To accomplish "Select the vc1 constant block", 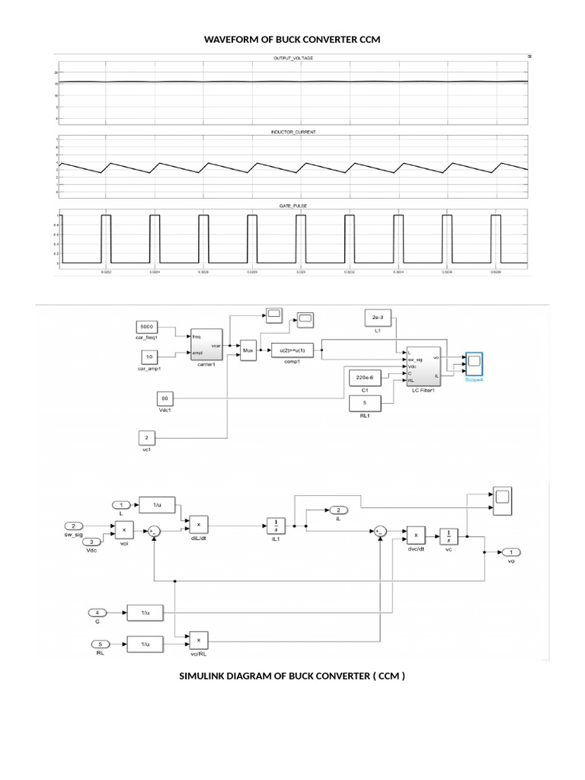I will [148, 439].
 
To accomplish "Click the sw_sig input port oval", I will [73, 526].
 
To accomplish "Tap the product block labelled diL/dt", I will [198, 523].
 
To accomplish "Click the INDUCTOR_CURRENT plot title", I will [292, 132].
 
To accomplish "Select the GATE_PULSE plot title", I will [292, 206].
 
